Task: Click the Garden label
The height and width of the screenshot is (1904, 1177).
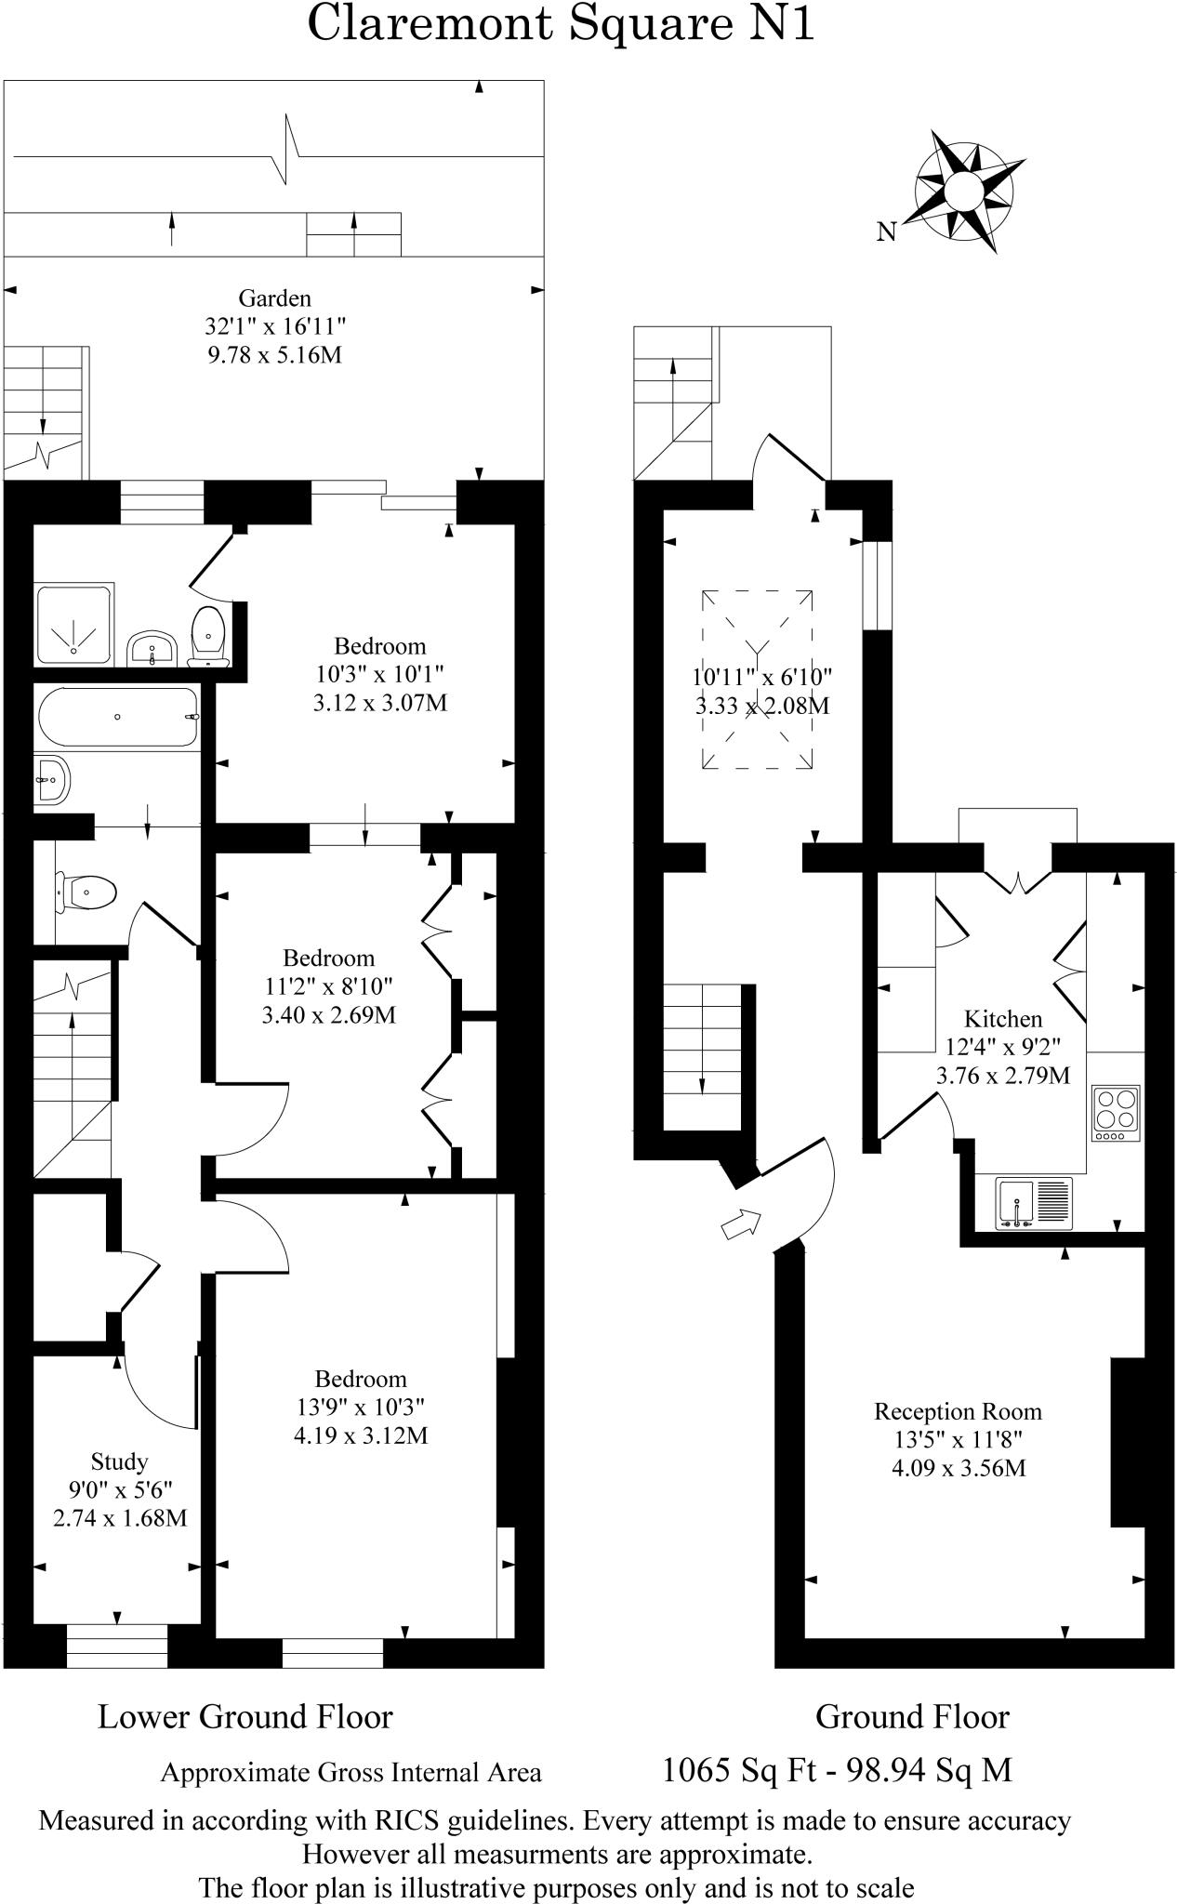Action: pyautogui.click(x=274, y=298)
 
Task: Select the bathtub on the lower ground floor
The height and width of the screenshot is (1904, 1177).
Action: pyautogui.click(x=118, y=717)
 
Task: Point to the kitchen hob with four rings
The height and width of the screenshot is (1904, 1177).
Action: pyautogui.click(x=1116, y=1113)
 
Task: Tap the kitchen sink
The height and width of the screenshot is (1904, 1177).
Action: pyautogui.click(x=1034, y=1203)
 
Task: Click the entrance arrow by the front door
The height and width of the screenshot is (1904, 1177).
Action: pyautogui.click(x=742, y=1223)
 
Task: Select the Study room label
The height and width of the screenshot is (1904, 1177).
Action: pyautogui.click(x=119, y=1461)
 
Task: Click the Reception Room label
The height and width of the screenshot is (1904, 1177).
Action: pyautogui.click(x=958, y=1411)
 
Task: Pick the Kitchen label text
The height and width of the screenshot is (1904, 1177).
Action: pyautogui.click(x=1002, y=1018)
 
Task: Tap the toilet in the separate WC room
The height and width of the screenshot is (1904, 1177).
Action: pyautogui.click(x=86, y=892)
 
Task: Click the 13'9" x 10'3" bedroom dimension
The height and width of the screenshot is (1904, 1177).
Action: pyautogui.click(x=361, y=1407)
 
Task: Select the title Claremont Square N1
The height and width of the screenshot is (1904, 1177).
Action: pyautogui.click(x=561, y=24)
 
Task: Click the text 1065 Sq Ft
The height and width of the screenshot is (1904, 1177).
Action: pyautogui.click(x=736, y=1769)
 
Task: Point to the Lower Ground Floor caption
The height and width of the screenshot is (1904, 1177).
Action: pyautogui.click(x=245, y=1716)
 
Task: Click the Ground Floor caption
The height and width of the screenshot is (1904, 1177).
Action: pyautogui.click(x=912, y=1716)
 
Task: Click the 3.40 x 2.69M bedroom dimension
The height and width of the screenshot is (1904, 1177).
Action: pyautogui.click(x=329, y=1014)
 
